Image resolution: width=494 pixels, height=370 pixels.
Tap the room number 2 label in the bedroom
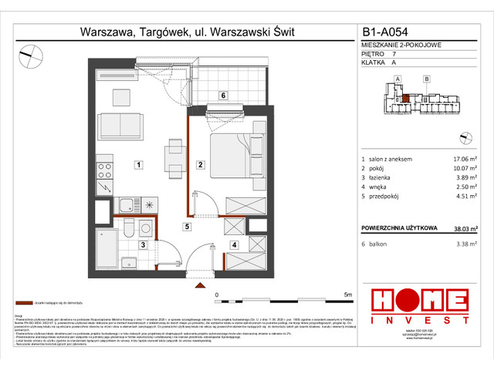pos(199,164)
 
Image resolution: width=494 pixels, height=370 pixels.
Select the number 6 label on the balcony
pos(222,96)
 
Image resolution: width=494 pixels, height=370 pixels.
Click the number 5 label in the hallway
pos(186,226)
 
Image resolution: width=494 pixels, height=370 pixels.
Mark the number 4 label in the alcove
pos(233,246)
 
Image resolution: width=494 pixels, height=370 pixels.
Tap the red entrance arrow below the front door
pos(201,285)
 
